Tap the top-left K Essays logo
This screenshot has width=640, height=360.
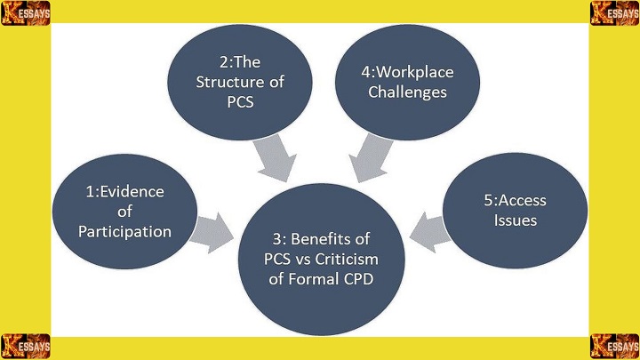(x=26, y=12)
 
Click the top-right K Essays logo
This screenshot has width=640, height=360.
(x=615, y=12)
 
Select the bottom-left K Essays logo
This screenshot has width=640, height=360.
(x=26, y=347)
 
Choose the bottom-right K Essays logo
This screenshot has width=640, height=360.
(x=615, y=347)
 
